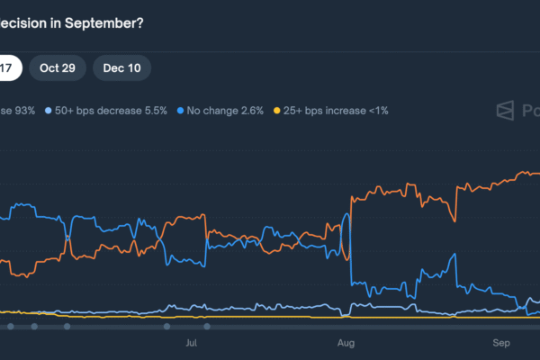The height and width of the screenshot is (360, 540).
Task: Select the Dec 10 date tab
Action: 121,68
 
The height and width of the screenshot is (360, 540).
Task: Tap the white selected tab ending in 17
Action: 7,68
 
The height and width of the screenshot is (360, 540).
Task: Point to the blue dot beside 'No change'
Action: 181,111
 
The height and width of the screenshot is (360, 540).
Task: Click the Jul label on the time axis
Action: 191,343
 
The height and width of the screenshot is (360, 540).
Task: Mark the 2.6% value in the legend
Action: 251,111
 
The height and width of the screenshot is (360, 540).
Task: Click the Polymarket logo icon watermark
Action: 507,111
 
